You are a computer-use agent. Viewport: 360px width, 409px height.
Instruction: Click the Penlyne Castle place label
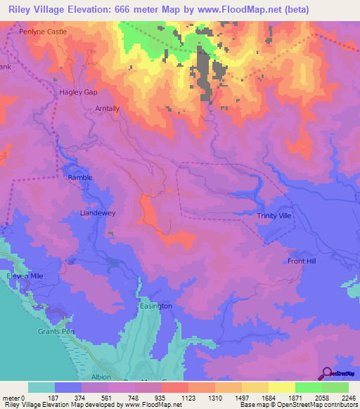click(x=43, y=32)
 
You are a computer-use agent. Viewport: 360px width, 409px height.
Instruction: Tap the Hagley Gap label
click(x=77, y=92)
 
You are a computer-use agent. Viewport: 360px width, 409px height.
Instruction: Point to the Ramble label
click(x=79, y=177)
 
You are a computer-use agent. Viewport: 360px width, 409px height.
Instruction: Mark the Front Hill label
click(x=302, y=261)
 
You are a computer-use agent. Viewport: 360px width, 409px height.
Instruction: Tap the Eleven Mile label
click(x=25, y=276)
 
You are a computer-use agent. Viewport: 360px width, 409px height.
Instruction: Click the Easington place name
click(x=155, y=306)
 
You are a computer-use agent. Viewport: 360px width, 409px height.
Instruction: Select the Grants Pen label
click(x=56, y=331)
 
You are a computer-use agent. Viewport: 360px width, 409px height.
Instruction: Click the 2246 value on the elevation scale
click(x=348, y=397)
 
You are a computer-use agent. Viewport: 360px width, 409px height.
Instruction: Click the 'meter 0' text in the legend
click(x=13, y=397)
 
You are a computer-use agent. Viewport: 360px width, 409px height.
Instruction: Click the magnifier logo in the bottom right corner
click(x=327, y=373)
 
